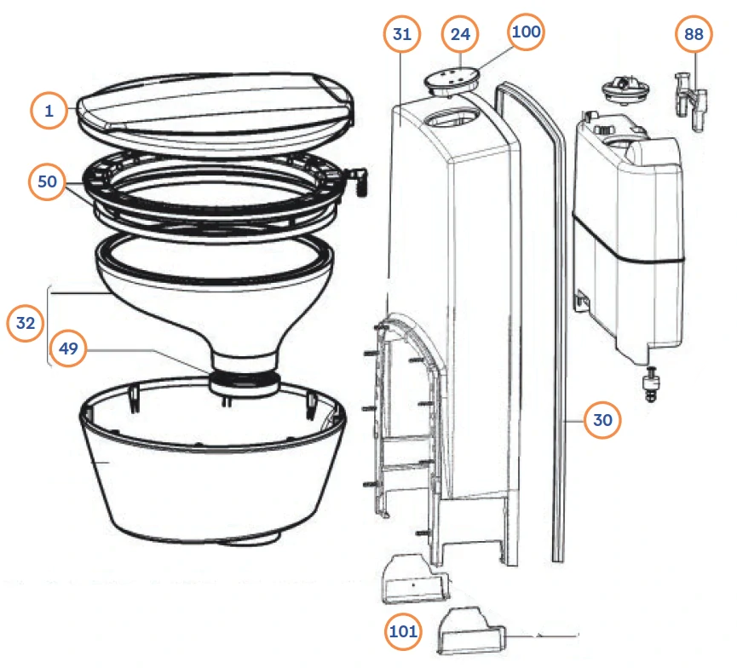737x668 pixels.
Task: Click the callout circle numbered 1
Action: point(49,111)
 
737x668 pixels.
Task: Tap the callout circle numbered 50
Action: point(47,181)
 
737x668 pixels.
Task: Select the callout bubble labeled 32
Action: point(26,323)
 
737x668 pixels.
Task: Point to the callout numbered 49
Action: point(68,348)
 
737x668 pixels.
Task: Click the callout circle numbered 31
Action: point(402,34)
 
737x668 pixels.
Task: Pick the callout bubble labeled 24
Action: point(460,34)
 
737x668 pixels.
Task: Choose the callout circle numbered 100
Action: point(526,32)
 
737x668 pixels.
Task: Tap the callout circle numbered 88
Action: point(694,34)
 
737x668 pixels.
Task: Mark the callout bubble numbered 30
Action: point(602,420)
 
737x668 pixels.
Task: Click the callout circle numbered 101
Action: point(403,631)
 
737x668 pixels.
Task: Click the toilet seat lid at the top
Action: point(216,112)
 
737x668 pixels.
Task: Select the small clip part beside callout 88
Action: point(691,101)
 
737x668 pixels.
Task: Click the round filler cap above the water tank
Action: point(625,89)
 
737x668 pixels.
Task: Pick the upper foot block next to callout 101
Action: point(416,579)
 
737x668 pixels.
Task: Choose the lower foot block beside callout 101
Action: point(471,631)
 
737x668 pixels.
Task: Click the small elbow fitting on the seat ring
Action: point(359,182)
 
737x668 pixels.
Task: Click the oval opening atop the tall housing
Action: point(453,118)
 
